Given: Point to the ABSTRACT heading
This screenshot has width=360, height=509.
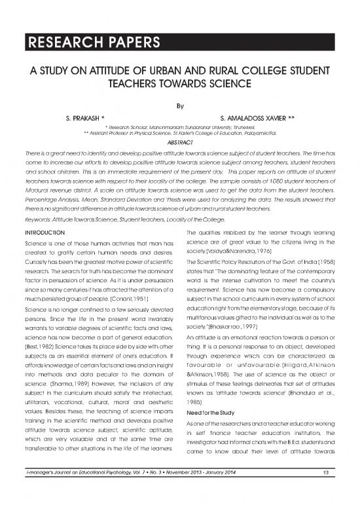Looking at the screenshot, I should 179,140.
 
